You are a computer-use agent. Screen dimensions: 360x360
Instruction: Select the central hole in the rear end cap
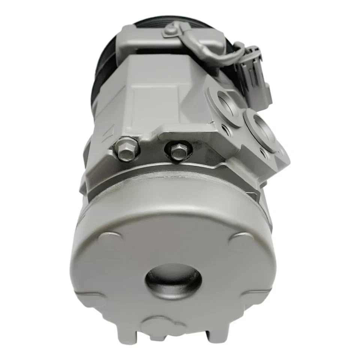tap(173, 279)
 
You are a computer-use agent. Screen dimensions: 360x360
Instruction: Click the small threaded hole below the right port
tap(264, 153)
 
